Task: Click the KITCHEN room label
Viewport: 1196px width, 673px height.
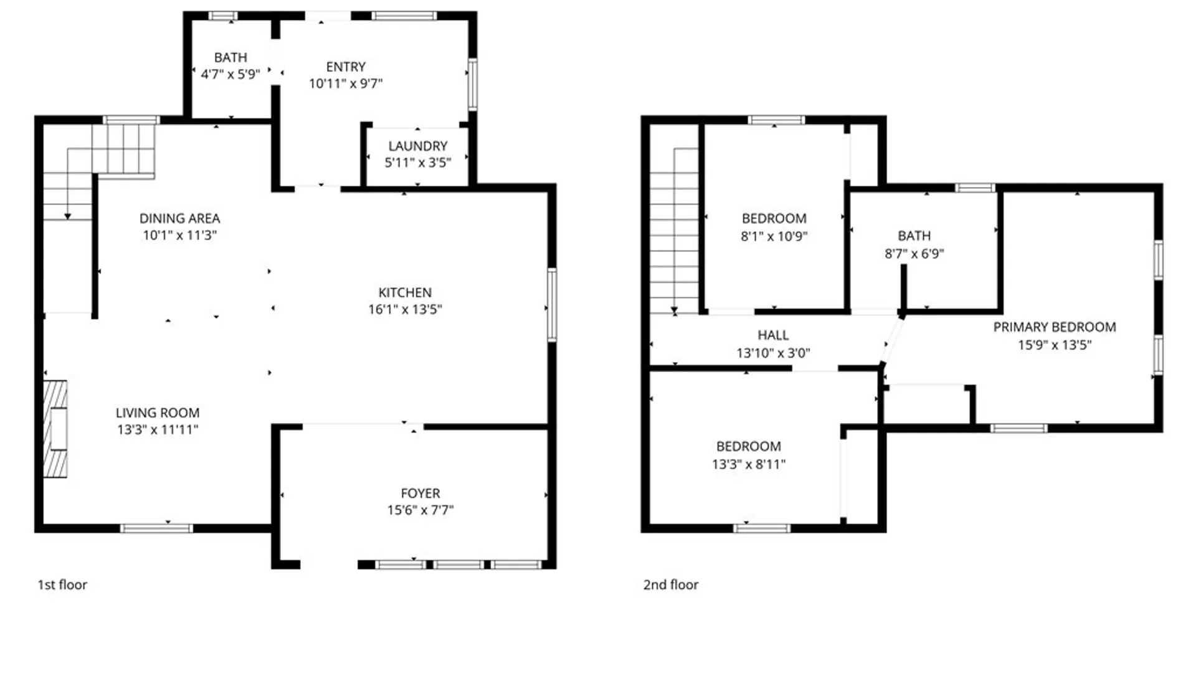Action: (405, 292)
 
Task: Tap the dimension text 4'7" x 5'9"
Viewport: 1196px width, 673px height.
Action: (230, 74)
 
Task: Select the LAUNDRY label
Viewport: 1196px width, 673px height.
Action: (418, 146)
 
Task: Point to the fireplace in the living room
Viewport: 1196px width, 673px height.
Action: (55, 429)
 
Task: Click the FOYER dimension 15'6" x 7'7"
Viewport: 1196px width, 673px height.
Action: (420, 510)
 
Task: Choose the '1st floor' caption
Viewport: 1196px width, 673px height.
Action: (62, 585)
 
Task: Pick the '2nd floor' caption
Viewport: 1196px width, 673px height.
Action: (671, 585)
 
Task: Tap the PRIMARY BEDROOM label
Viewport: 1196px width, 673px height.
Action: (1054, 327)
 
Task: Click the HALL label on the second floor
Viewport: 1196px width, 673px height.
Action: (773, 335)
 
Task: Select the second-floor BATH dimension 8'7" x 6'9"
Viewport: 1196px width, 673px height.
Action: (914, 254)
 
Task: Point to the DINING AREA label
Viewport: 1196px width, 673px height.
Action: (179, 219)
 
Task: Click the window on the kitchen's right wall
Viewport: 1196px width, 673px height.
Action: (552, 305)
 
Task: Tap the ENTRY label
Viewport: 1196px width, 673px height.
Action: (346, 67)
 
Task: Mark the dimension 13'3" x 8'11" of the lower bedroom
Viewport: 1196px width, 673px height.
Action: (749, 464)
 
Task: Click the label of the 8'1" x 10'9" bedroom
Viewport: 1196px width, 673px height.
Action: (774, 219)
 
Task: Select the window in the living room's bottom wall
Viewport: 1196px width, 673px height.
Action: (156, 528)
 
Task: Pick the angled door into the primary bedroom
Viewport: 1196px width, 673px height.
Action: (891, 341)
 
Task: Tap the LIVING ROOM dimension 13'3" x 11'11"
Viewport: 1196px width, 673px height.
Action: (158, 429)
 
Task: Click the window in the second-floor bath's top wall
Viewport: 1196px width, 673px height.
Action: (975, 188)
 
